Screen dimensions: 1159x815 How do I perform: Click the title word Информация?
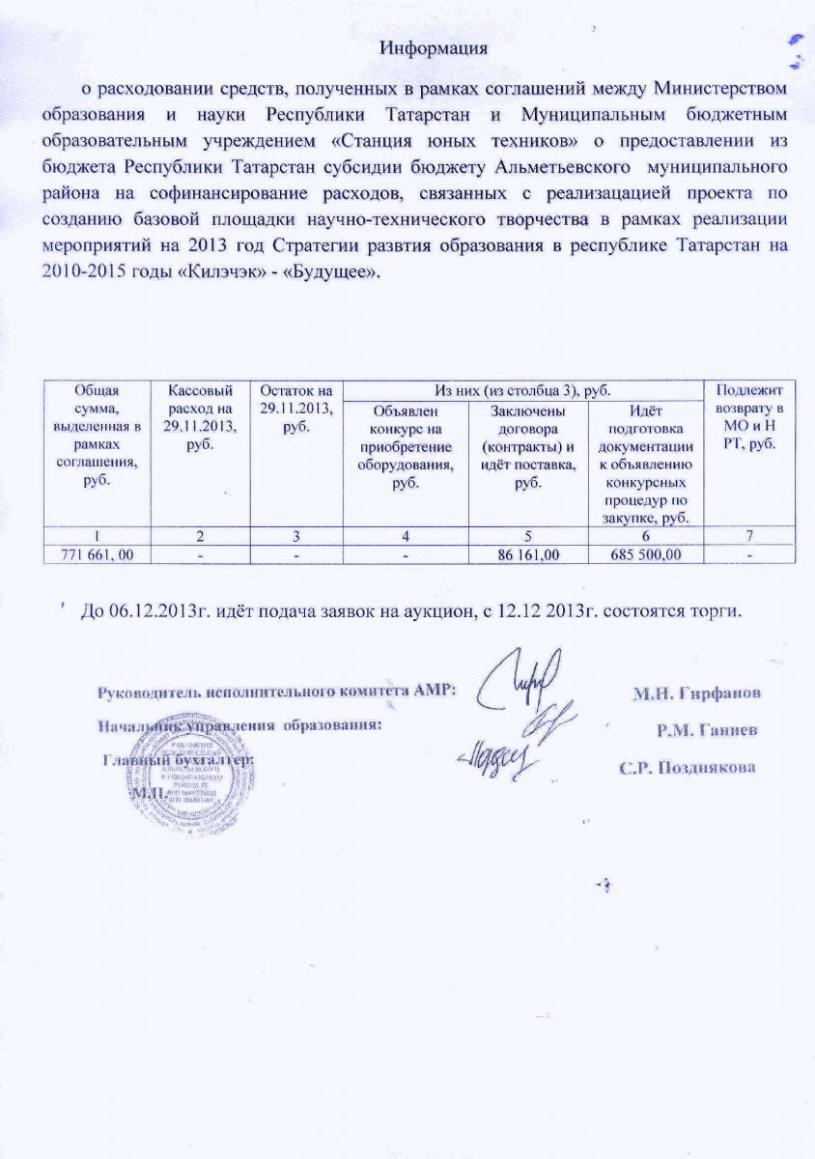click(x=432, y=47)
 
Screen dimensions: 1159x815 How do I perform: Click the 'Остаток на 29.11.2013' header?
click(x=295, y=405)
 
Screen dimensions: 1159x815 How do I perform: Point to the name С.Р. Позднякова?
click(x=687, y=769)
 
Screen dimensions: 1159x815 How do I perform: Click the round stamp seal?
click(x=191, y=763)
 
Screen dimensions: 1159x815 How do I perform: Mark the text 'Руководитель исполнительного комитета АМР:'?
click(x=276, y=693)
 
